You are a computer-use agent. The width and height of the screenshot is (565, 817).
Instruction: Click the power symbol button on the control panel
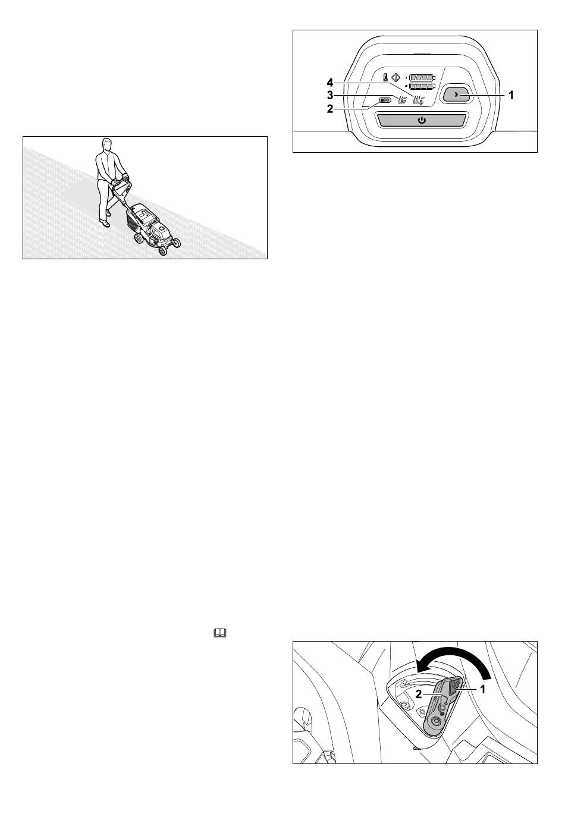421,120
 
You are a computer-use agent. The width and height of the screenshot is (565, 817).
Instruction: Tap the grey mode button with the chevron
456,95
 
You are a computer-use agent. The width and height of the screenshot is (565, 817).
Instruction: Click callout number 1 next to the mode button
511,95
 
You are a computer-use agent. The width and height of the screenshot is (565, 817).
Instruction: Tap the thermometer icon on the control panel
385,77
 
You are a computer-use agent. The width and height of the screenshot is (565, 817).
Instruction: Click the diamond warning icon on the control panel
395,77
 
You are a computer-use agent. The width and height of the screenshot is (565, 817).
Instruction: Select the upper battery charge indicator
422,77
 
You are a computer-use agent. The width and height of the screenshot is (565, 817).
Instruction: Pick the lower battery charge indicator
422,86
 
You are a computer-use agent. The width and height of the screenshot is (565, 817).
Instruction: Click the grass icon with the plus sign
418,100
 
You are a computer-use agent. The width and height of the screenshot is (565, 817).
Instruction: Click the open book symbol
219,633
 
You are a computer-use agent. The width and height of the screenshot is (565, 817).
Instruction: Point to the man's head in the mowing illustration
106,144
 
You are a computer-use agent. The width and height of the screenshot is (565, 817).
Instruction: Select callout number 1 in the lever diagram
482,690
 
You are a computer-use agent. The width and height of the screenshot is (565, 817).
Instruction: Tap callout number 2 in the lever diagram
418,694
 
